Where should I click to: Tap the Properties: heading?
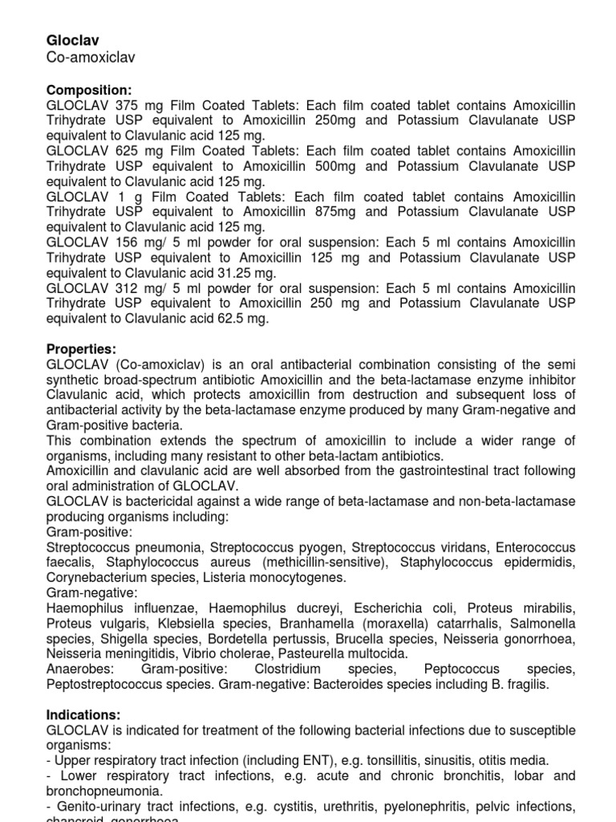[x=82, y=349]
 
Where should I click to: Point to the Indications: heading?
[x=84, y=714]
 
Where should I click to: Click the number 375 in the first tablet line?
[x=128, y=106]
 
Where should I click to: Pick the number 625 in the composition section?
[x=128, y=152]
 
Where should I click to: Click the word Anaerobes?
[x=79, y=669]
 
